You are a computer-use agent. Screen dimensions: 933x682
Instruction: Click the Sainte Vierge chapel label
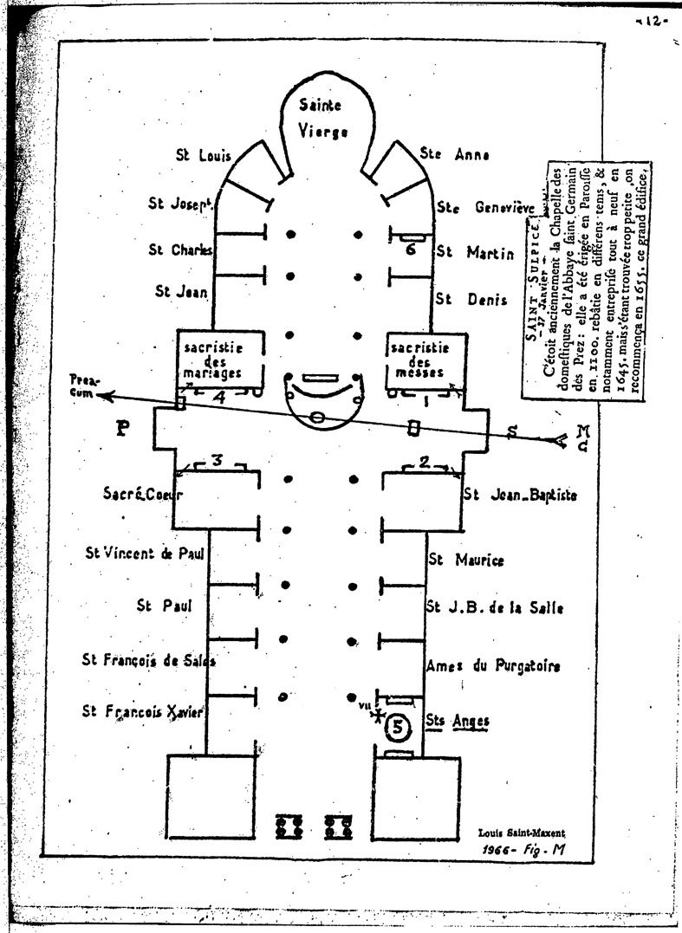click(320, 119)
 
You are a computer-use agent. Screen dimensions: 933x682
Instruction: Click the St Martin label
click(469, 251)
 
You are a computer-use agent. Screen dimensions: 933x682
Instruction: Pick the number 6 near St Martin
click(412, 248)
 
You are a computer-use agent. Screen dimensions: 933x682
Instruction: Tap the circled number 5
click(396, 727)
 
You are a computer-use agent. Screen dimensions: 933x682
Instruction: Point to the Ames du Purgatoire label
click(493, 666)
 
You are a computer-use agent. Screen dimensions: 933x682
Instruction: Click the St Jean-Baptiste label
click(520, 495)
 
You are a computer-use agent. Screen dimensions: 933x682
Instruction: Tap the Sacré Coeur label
click(143, 495)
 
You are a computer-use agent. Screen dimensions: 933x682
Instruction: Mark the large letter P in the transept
click(122, 429)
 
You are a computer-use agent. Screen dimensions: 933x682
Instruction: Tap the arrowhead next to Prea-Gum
click(102, 397)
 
